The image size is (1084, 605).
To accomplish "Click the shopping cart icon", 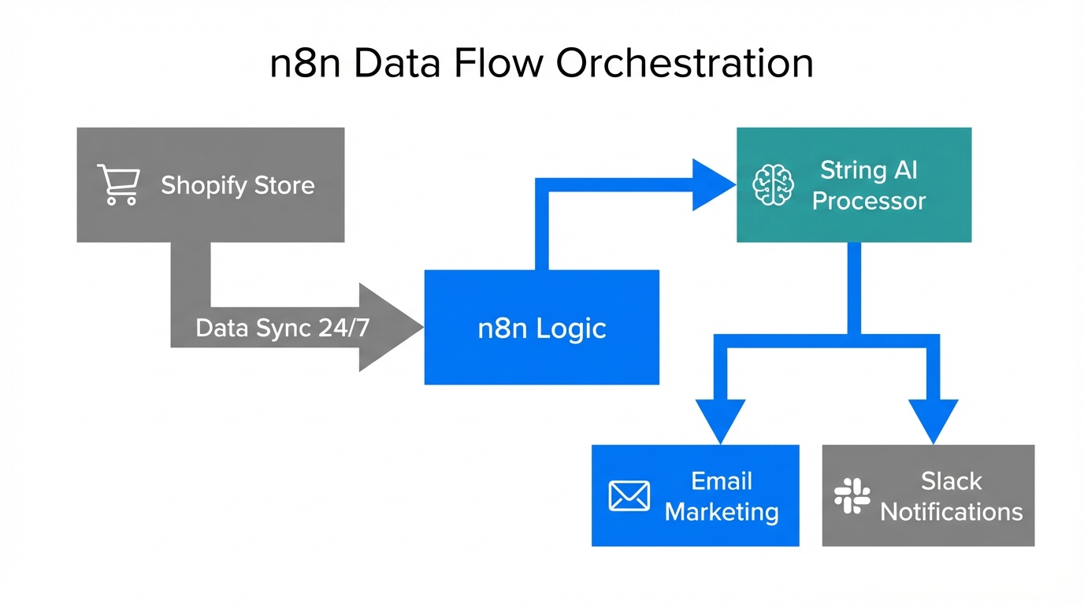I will pyautogui.click(x=118, y=185).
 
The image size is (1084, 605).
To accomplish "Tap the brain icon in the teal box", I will pyautogui.click(x=772, y=186).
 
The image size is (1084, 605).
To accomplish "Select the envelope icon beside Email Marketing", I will pyautogui.click(x=629, y=496).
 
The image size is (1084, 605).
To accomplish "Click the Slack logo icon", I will pyautogui.click(x=852, y=496).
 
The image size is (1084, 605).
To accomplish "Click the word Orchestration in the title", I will pyautogui.click(x=685, y=64).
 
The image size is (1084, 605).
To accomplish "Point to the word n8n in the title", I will pyautogui.click(x=306, y=64).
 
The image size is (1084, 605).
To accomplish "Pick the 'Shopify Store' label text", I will pyautogui.click(x=237, y=185).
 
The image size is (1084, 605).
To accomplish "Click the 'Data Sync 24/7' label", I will pyautogui.click(x=282, y=328).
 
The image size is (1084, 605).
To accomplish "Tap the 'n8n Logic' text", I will pyautogui.click(x=541, y=328).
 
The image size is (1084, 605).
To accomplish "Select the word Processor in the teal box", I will pyautogui.click(x=868, y=201).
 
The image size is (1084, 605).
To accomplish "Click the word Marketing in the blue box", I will pyautogui.click(x=722, y=512).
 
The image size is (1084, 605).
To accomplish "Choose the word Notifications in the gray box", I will pyautogui.click(x=951, y=512).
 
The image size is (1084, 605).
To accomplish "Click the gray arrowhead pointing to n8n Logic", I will pyautogui.click(x=390, y=328).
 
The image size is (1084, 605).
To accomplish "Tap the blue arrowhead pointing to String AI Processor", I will pyautogui.click(x=712, y=185).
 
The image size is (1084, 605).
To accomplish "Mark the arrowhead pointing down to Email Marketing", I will pyautogui.click(x=720, y=420).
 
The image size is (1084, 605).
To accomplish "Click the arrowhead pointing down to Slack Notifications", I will pyautogui.click(x=934, y=420).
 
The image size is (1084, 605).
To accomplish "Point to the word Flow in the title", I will pyautogui.click(x=492, y=64).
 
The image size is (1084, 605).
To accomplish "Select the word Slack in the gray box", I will pyautogui.click(x=951, y=481).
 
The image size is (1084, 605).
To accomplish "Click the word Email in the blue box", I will pyautogui.click(x=722, y=481).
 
